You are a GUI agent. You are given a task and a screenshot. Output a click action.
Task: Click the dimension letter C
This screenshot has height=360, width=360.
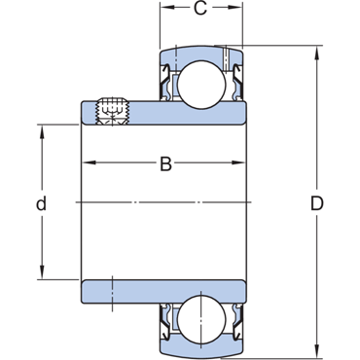click(x=200, y=9)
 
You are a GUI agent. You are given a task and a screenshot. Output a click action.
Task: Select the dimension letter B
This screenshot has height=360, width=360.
click(x=165, y=163)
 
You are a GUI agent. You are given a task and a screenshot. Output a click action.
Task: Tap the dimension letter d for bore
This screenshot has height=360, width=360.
click(x=41, y=203)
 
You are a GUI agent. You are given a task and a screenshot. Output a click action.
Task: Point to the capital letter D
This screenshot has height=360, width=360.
click(x=317, y=203)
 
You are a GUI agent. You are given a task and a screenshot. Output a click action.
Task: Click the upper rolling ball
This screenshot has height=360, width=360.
click(x=201, y=85)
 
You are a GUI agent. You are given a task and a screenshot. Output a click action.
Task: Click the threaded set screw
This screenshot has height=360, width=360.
click(x=112, y=111)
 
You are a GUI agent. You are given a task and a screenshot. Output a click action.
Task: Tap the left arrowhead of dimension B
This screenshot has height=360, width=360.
click(x=89, y=162)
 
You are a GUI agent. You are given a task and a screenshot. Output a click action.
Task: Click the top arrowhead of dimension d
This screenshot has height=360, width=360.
click(x=42, y=131)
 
